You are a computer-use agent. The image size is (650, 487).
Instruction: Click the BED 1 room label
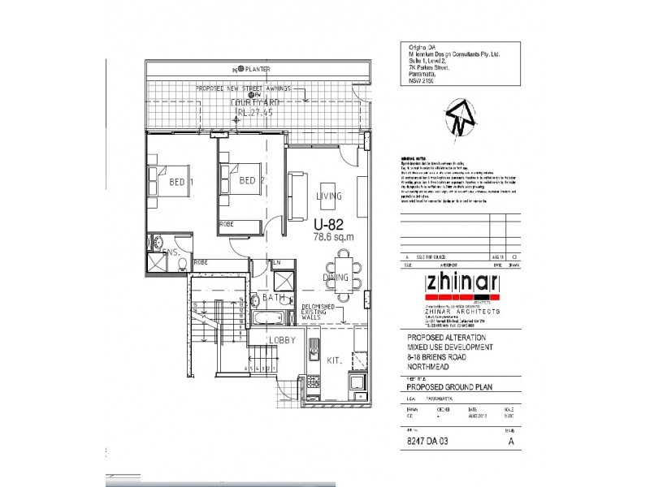click(x=180, y=182)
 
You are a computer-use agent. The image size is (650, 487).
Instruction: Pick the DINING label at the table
click(x=335, y=278)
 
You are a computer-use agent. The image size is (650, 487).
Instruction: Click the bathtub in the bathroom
click(x=266, y=318)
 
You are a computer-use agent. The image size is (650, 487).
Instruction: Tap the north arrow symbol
click(x=458, y=118)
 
